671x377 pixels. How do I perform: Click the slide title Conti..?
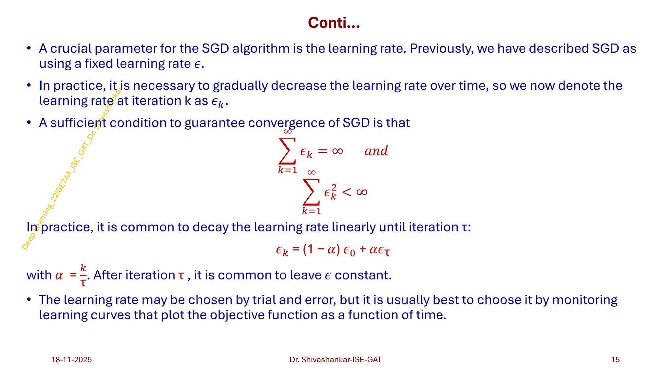click(x=334, y=23)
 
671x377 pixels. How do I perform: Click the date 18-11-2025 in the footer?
click(x=71, y=360)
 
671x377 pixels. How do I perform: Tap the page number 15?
click(x=615, y=360)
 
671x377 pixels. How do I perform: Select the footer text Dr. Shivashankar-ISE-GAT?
click(x=335, y=360)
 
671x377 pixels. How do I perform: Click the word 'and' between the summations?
click(x=376, y=151)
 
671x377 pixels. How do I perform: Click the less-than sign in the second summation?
click(x=347, y=192)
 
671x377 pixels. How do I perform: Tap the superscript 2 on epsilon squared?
click(x=334, y=187)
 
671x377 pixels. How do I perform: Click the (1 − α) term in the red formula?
click(x=321, y=250)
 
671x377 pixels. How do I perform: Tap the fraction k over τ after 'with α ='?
click(x=83, y=275)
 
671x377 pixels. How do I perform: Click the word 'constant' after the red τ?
click(x=362, y=275)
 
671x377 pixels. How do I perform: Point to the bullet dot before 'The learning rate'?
click(x=29, y=300)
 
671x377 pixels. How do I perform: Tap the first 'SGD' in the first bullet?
click(x=215, y=49)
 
